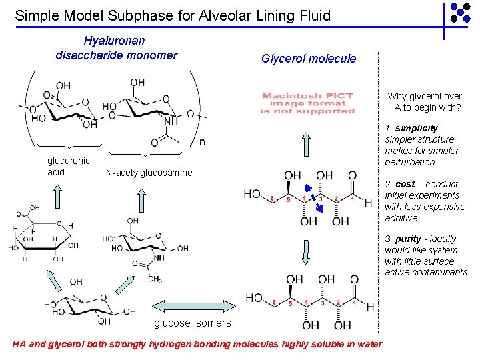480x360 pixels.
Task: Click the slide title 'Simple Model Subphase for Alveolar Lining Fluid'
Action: pyautogui.click(x=173, y=15)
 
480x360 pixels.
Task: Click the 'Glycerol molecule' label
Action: pyautogui.click(x=309, y=59)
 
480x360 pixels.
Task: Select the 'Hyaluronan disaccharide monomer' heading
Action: pyautogui.click(x=117, y=48)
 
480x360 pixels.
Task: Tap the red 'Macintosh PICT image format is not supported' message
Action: pyautogui.click(x=307, y=103)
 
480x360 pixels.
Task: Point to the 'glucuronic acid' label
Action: pyautogui.click(x=68, y=167)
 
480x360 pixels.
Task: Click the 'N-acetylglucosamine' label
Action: pyautogui.click(x=149, y=173)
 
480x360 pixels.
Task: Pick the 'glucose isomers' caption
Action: pyautogui.click(x=193, y=323)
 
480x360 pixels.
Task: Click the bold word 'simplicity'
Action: pyautogui.click(x=416, y=128)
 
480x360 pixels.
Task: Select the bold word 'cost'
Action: pyautogui.click(x=405, y=184)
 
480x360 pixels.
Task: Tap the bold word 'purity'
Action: pyautogui.click(x=408, y=239)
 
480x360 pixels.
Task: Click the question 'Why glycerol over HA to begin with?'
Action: pyautogui.click(x=425, y=102)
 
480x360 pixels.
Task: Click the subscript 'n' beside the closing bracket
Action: pyautogui.click(x=202, y=141)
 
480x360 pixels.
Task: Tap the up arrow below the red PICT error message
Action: pyautogui.click(x=307, y=143)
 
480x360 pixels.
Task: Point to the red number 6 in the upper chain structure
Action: pyautogui.click(x=273, y=198)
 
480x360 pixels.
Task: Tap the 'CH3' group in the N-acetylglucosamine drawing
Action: pyautogui.click(x=154, y=279)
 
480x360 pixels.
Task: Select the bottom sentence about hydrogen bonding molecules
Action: pyautogui.click(x=197, y=344)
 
